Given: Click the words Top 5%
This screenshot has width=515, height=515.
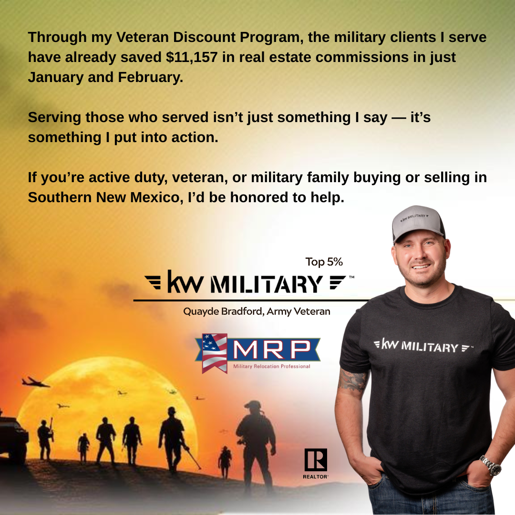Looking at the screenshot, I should (x=324, y=262).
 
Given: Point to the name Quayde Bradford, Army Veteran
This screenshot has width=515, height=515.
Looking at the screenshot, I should (x=257, y=312).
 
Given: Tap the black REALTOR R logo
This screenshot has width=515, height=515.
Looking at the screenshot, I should (x=316, y=460).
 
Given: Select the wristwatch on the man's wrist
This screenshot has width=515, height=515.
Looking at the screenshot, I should (x=490, y=464).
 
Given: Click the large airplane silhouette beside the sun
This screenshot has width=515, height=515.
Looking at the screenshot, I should (x=35, y=382).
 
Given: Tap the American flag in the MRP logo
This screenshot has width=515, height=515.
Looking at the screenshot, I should (x=215, y=352).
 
